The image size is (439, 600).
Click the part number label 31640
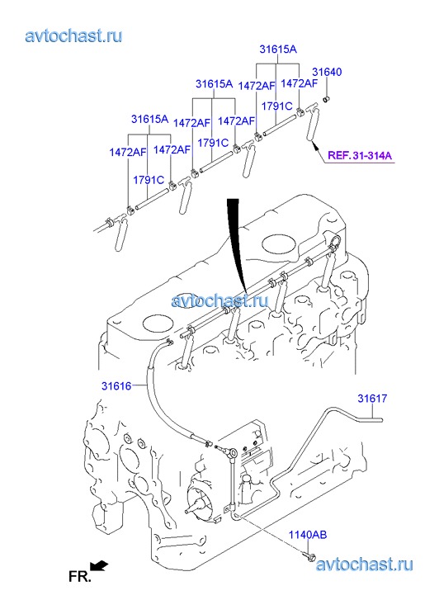coord(327,72)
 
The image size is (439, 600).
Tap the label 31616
coord(116,386)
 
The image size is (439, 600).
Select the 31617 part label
coord(372,399)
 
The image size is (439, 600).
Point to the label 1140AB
coord(308,535)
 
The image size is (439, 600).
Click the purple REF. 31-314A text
coord(360,156)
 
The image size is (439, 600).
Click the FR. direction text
coord(79,576)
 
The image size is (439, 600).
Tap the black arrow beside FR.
coord(99,566)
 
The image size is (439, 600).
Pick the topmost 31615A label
coord(278,49)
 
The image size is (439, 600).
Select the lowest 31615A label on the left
coord(149,119)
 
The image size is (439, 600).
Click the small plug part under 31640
coord(327,100)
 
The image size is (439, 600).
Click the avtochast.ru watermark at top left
coord(74,35)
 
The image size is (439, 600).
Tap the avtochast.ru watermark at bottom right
coord(365,565)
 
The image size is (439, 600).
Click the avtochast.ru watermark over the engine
coord(220,300)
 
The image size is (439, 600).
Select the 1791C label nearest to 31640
coord(276,106)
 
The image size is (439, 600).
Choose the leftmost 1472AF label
coord(128,152)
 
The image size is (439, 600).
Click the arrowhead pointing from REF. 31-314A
coord(315,145)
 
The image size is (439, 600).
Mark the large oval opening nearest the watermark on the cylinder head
coord(280,243)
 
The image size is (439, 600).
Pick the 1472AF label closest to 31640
coord(300,83)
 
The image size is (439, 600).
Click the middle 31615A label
coord(214,83)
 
